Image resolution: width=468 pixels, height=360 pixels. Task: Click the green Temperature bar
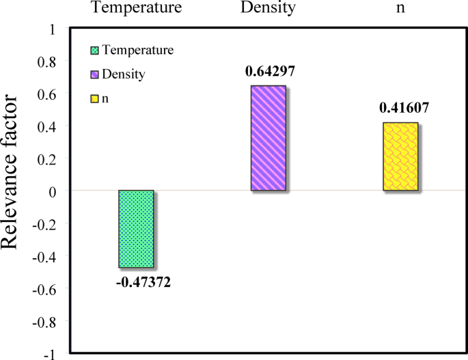click(136, 229)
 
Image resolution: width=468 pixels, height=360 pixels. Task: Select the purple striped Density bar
click(268, 138)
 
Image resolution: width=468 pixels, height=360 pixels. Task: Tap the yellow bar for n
click(400, 156)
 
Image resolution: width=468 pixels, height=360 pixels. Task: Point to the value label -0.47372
click(141, 281)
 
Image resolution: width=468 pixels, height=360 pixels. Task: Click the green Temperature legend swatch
click(94, 50)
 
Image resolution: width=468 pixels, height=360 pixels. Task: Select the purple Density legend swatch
click(94, 74)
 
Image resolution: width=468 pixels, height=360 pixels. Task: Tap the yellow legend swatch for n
click(94, 98)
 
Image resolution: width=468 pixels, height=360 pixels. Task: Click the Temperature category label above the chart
click(136, 9)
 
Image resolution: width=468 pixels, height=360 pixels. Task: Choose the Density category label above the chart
click(268, 9)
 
